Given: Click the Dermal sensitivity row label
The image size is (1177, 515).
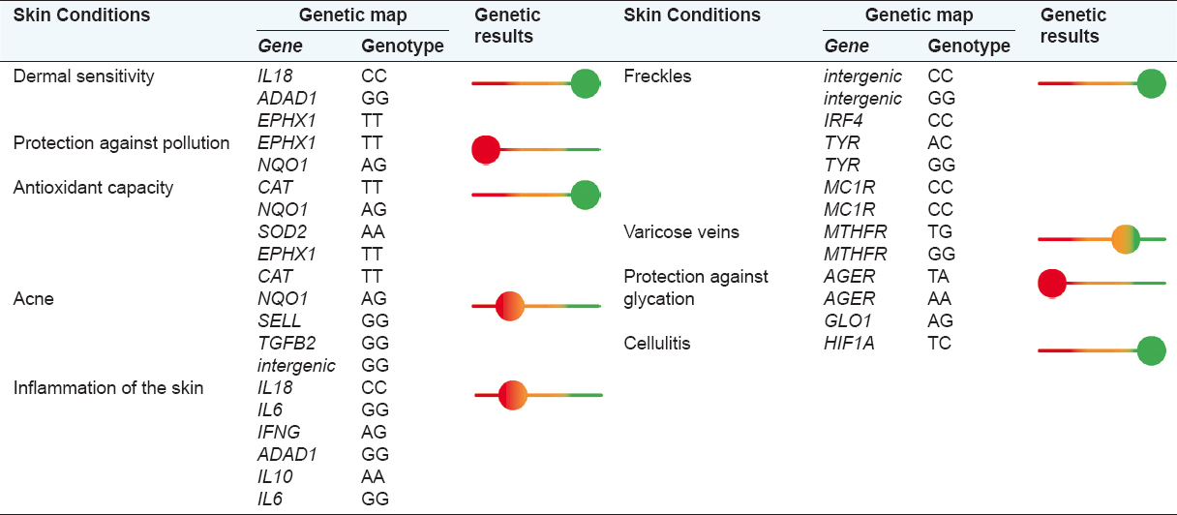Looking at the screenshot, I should pos(83,76).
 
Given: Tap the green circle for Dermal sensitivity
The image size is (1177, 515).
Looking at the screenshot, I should pos(585,84).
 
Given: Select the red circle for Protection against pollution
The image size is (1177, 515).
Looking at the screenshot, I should pos(485,150).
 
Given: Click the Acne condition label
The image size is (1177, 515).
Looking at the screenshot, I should pos(33,299).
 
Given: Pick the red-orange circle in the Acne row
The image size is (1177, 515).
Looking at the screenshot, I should pos(509,306).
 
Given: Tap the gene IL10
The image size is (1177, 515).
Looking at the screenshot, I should pos(275,476).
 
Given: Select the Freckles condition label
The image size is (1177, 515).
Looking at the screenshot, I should pos(657,76).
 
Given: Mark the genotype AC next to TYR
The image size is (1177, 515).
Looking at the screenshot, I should pos(940,143).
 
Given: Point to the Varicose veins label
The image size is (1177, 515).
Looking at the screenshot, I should pos(680,232).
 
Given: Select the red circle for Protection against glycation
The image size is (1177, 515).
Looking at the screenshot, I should pos(1051,283).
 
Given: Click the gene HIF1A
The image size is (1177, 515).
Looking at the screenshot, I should pos(849,343).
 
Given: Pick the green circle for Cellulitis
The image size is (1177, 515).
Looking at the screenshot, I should pos(1150,350).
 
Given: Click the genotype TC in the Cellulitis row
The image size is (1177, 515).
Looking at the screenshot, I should pos(939,343).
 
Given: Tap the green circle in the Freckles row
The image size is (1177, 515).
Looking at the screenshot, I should pos(1150,84).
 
